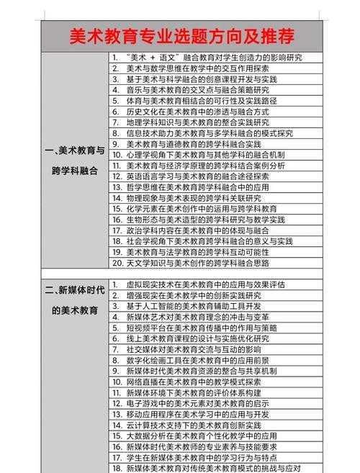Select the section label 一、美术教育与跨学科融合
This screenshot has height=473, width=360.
click(x=75, y=161)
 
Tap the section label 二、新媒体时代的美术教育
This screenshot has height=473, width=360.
click(x=75, y=300)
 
